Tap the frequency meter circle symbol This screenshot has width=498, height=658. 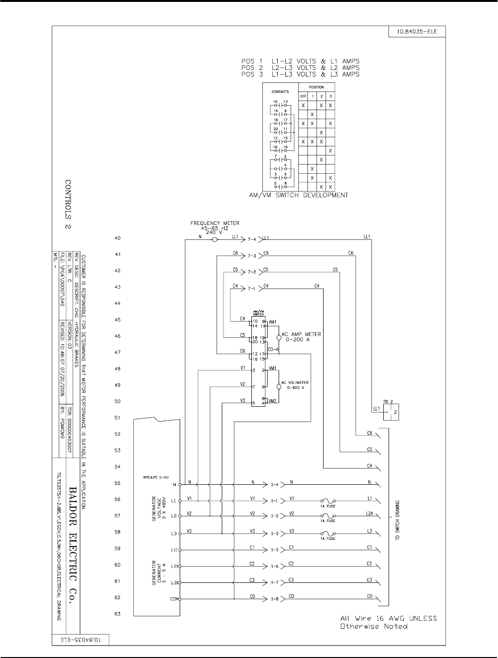[x=215, y=239]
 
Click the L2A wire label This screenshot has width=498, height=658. [x=369, y=515]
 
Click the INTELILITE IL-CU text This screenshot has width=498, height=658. [x=155, y=477]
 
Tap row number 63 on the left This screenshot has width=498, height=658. [x=118, y=614]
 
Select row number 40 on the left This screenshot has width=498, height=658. [x=118, y=238]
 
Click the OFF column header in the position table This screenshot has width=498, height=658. [x=303, y=96]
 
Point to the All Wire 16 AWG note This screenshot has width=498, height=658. [x=388, y=622]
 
